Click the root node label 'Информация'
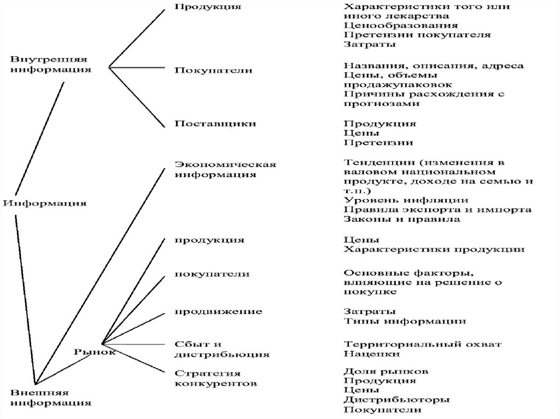(45, 203)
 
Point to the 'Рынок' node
(94, 352)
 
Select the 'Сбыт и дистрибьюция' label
(221, 349)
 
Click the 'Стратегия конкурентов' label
(215, 378)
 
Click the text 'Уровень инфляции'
(406, 200)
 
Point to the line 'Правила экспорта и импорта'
(437, 210)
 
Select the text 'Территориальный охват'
(423, 344)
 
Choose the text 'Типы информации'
(405, 321)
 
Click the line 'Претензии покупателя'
(417, 34)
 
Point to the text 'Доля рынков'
(386, 371)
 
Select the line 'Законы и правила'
(402, 219)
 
